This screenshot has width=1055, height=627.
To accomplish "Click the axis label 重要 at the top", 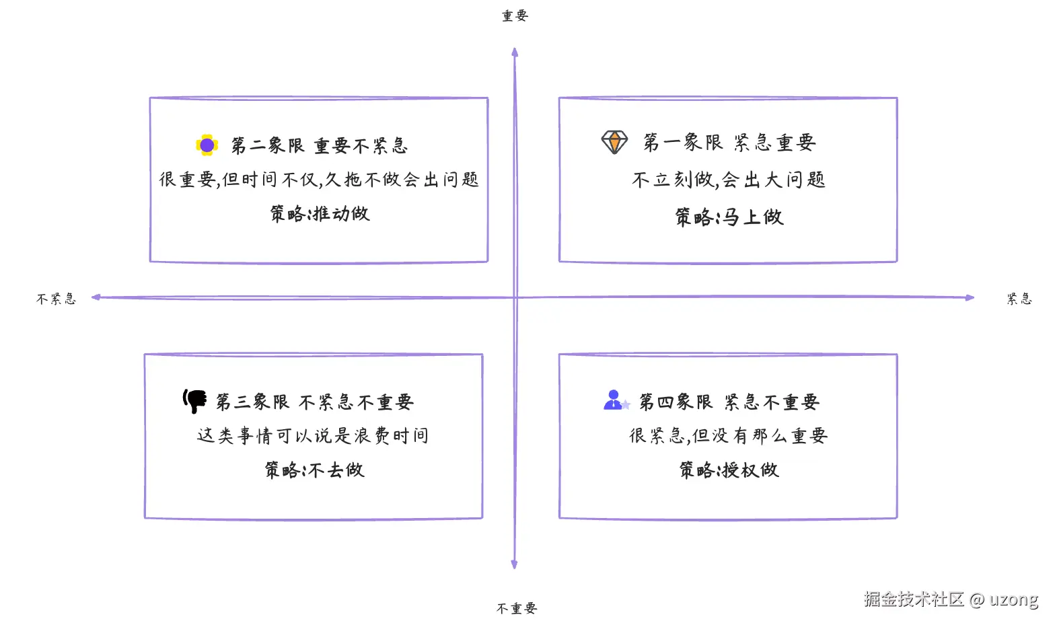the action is coord(515,15).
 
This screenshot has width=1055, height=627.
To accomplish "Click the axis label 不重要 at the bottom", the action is coord(516,608).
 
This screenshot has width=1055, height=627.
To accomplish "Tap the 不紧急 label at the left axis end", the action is coord(56,299).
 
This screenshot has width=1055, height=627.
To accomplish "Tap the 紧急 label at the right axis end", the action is coord(1019,299).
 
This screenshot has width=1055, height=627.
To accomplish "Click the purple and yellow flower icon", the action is coord(207,145).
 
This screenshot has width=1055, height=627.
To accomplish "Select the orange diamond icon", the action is coord(614,142).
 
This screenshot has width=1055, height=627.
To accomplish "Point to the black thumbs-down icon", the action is coord(195,401).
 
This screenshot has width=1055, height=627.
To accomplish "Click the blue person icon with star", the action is coord(615,400).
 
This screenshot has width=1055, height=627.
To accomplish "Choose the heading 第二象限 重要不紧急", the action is coord(320,145).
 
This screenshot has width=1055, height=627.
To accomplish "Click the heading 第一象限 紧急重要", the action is coord(729,142).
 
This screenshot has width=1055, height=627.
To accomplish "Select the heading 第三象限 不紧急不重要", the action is coord(314,402).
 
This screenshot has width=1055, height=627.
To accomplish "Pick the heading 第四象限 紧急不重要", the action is coord(729,402).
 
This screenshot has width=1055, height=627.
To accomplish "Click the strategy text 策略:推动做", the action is coord(320,214).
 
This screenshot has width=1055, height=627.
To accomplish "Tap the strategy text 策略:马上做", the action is coord(729,217).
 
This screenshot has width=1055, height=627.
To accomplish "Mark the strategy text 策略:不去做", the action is coord(314,470).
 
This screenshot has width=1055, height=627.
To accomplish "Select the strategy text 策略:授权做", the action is coord(729,470).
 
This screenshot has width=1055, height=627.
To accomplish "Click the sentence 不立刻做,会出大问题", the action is coord(729,180).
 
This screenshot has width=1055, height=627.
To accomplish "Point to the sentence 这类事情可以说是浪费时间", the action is coord(313,436).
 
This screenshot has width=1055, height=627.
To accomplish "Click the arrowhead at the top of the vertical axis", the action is coord(515,52).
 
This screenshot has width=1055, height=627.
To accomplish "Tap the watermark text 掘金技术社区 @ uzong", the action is coord(951,599).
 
